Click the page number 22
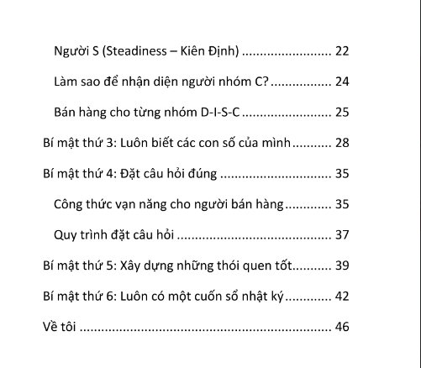click(x=342, y=51)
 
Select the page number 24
click(x=342, y=82)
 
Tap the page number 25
click(x=342, y=113)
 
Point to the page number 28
click(x=342, y=143)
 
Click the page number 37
click(x=342, y=234)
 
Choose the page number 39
click(x=342, y=265)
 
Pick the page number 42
click(x=342, y=296)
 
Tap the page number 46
click(x=342, y=326)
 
